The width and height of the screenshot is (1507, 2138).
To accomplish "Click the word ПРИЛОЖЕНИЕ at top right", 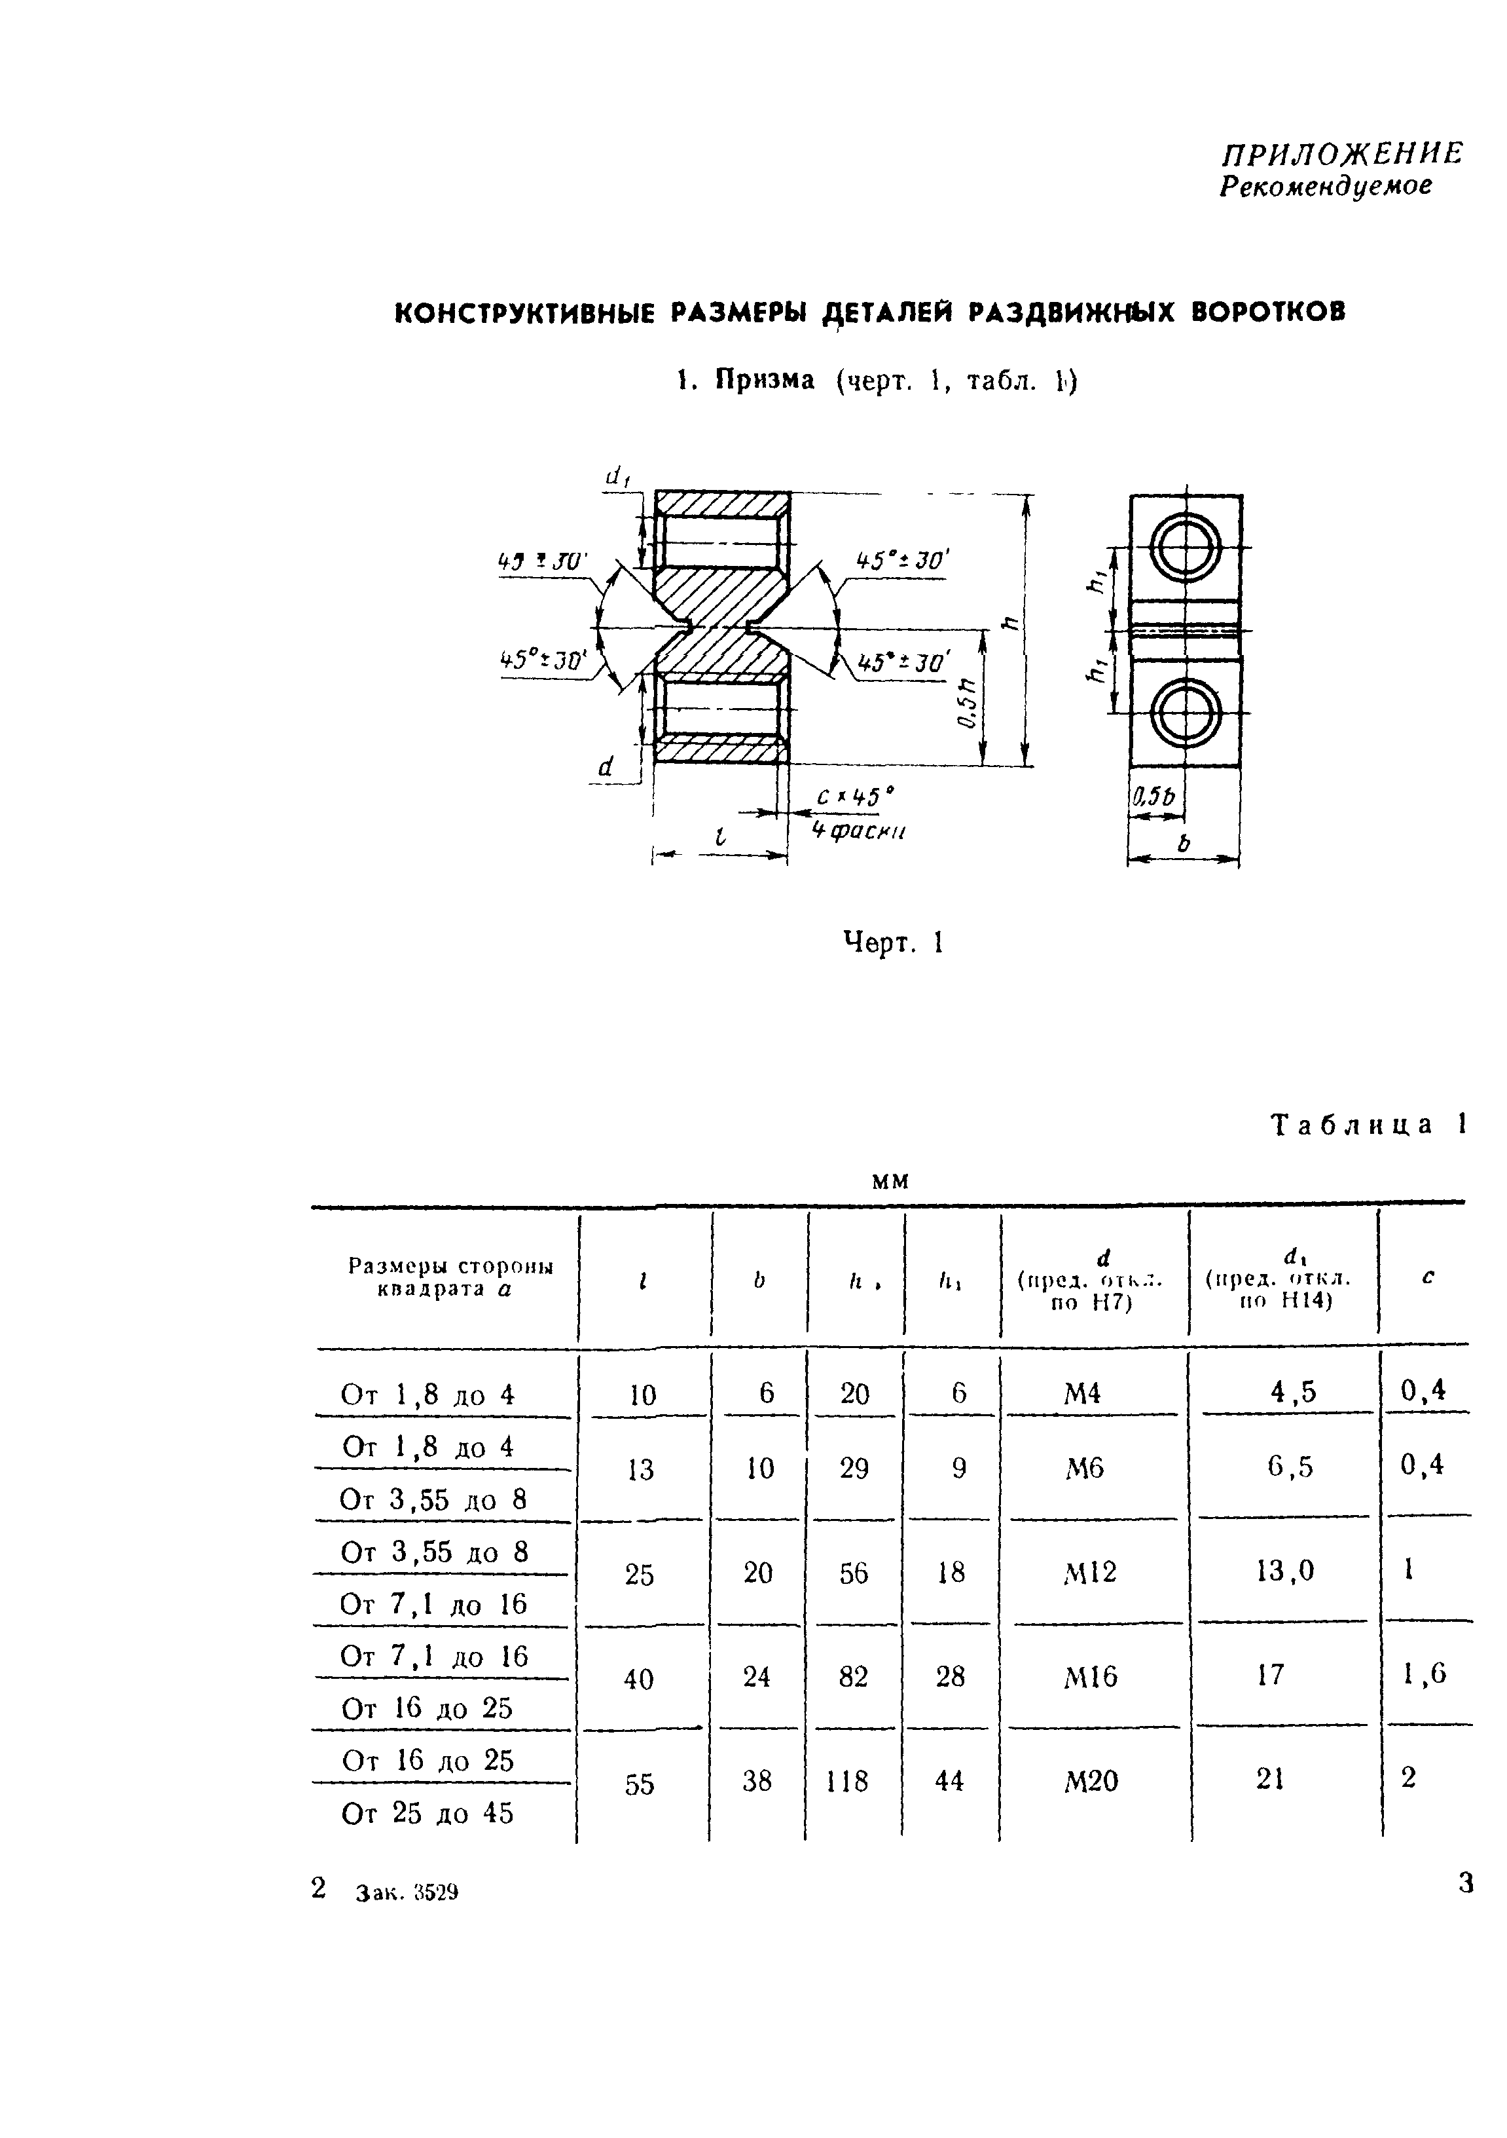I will click(x=1342, y=154).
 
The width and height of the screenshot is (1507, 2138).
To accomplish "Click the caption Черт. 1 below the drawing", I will click(x=893, y=943).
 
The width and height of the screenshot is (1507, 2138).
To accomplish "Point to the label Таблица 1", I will click(x=1368, y=1125).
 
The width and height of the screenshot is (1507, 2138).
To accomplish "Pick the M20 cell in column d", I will click(x=1090, y=1782).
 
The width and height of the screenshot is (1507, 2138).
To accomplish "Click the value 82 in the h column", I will click(x=852, y=1677).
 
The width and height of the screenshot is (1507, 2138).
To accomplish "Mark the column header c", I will click(x=1427, y=1277).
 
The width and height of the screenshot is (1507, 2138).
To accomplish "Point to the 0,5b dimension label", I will click(x=1154, y=797).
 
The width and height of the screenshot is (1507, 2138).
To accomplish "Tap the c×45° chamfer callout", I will click(x=854, y=797).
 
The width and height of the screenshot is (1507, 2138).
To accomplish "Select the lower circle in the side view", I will click(x=1185, y=713).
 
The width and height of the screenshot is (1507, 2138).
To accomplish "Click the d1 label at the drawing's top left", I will click(x=618, y=478).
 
